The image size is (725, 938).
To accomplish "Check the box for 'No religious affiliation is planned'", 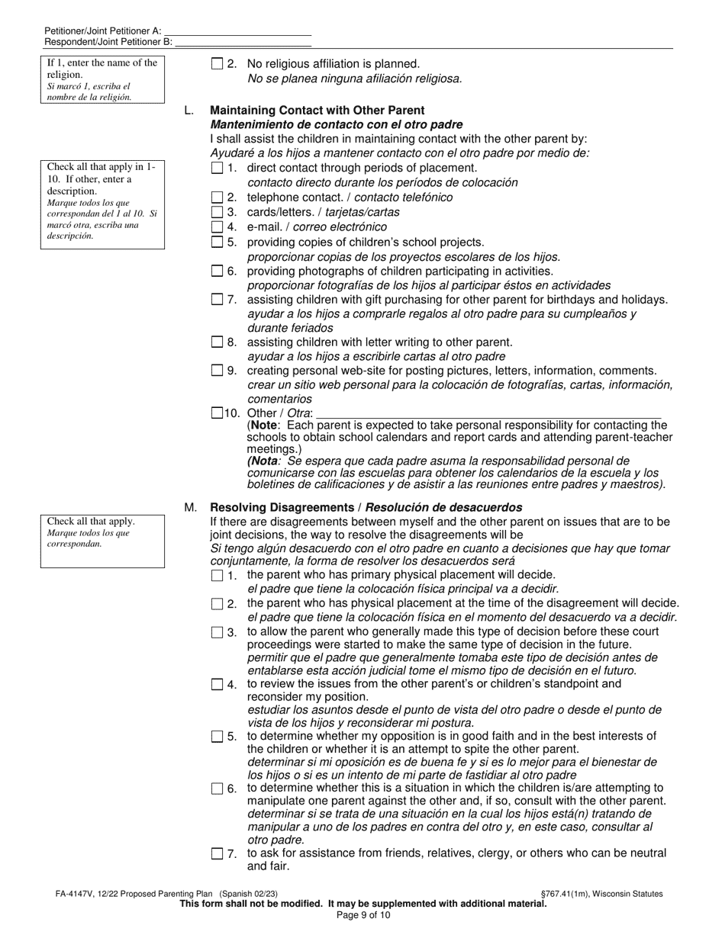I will pyautogui.click(x=217, y=65).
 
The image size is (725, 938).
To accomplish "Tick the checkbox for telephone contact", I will pyautogui.click(x=217, y=198).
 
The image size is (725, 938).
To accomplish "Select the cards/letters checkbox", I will pyautogui.click(x=217, y=212).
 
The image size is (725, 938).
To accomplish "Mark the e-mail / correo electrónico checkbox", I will pyautogui.click(x=217, y=227).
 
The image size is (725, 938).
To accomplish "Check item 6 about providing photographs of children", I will pyautogui.click(x=217, y=271).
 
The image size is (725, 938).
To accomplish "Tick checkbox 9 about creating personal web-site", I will pyautogui.click(x=217, y=371).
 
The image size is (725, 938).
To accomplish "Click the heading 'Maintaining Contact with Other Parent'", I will pyautogui.click(x=317, y=111).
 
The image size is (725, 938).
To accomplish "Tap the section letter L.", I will pyautogui.click(x=188, y=111).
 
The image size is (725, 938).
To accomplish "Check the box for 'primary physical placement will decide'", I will pyautogui.click(x=217, y=576).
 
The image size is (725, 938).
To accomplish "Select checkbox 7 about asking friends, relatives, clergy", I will pyautogui.click(x=217, y=854).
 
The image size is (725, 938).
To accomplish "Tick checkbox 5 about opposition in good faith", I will pyautogui.click(x=217, y=737).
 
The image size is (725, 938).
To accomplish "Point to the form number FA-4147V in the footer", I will pyautogui.click(x=79, y=894).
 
